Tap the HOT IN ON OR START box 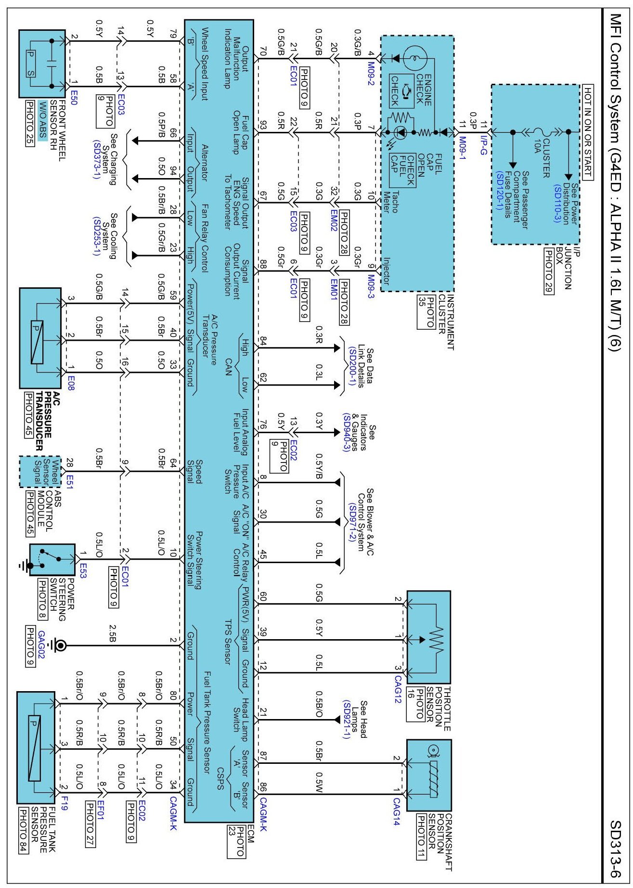pyautogui.click(x=588, y=132)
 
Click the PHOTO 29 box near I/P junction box pyautogui.click(x=548, y=270)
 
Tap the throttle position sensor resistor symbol pyautogui.click(x=436, y=640)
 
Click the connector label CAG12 pyautogui.click(x=397, y=689)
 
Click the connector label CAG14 pyautogui.click(x=396, y=811)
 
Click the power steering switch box pyautogui.click(x=52, y=560)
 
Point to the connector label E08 pyautogui.click(x=71, y=384)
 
